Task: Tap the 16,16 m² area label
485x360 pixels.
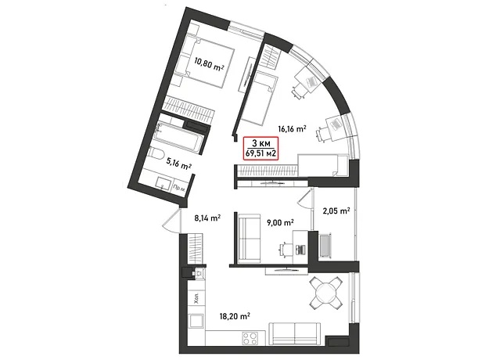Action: (292, 128)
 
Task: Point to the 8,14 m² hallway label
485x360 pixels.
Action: (207, 218)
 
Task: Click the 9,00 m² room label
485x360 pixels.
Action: (280, 222)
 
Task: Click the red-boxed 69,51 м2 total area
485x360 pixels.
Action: (261, 153)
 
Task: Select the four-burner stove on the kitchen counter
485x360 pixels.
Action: (250, 338)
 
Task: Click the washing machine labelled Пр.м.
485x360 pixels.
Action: (179, 187)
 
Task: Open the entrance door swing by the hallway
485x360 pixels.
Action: (172, 220)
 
